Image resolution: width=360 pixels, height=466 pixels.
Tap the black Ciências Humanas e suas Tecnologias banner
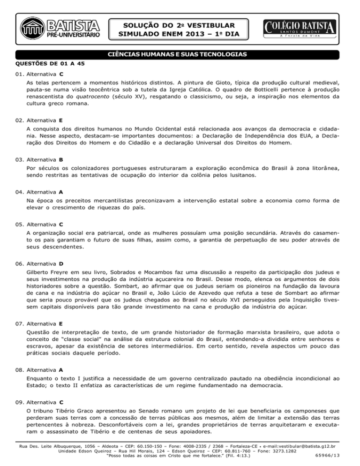[180, 55]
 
